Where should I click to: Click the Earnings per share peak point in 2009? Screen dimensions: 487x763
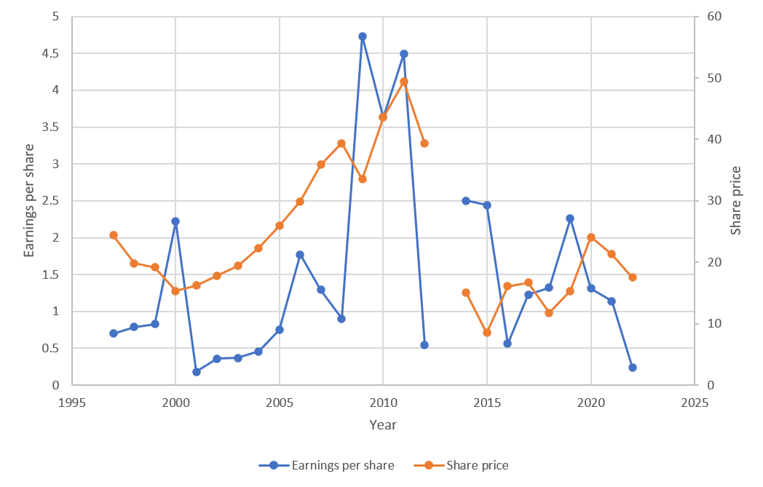tap(362, 36)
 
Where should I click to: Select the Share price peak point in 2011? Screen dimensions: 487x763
tap(404, 82)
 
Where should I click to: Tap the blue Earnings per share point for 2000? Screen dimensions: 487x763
tap(175, 221)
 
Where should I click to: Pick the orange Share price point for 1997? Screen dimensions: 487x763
tap(114, 235)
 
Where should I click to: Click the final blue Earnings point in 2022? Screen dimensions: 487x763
tap(632, 368)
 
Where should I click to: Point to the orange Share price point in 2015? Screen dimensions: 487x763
tap(487, 333)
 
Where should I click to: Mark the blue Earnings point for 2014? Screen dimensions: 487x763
tap(466, 200)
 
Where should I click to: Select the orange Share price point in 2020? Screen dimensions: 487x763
tap(591, 237)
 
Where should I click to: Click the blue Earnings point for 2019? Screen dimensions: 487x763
tap(570, 218)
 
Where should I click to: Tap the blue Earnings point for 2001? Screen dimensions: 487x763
tap(197, 371)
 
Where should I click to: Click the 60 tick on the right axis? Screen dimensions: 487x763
tap(706, 17)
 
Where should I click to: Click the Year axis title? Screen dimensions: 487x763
tap(383, 424)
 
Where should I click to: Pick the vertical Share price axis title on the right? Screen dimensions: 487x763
tap(736, 200)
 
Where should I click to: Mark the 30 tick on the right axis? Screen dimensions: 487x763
tap(706, 201)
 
